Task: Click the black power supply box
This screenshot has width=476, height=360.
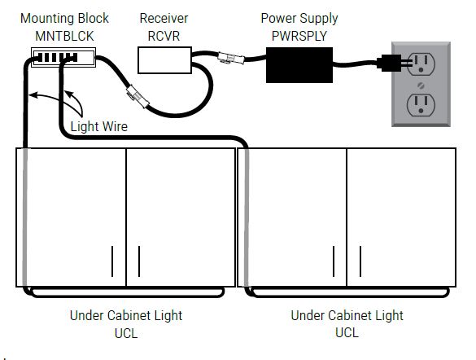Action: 299,64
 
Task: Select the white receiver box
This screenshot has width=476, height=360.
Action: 164,59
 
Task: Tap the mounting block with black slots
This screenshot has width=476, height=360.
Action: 63,57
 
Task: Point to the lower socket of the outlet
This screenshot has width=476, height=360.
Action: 421,105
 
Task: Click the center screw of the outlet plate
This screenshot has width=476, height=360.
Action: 421,86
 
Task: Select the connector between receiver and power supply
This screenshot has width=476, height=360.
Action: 231,58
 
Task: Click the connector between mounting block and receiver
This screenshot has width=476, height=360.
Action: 138,96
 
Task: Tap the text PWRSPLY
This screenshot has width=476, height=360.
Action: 299,36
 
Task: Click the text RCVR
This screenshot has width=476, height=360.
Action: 164,36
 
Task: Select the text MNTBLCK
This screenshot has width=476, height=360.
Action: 64,36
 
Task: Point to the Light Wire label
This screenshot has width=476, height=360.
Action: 99,126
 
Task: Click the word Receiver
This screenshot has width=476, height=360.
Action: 164,18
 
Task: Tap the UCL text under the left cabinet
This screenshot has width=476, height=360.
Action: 126,333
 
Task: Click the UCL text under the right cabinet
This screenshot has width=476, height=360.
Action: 347,332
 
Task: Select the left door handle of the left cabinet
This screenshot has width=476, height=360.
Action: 112,261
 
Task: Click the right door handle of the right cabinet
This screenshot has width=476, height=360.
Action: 360,261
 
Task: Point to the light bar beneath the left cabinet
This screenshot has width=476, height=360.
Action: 128,292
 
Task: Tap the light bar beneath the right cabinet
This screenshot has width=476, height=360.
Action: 351,292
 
